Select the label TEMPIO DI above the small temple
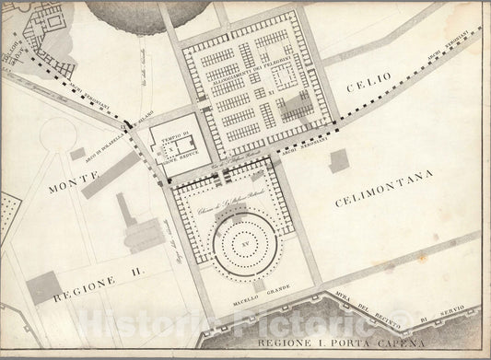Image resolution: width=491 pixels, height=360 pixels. point(178,138)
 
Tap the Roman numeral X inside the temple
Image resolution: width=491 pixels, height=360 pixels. point(167,147)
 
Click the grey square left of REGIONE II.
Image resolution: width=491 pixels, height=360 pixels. point(41,289)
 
